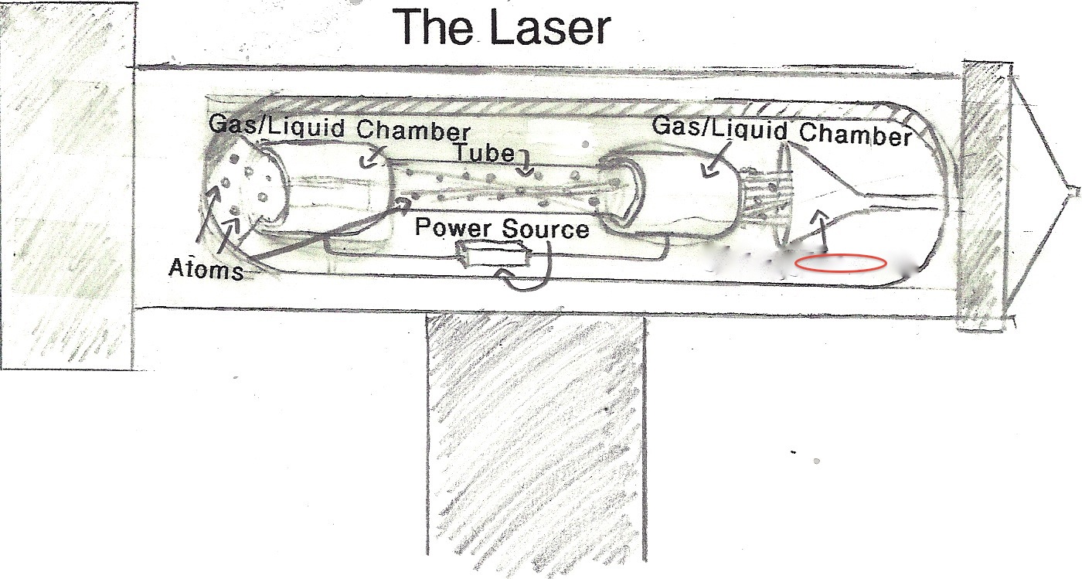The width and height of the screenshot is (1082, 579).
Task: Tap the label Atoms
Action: [206, 270]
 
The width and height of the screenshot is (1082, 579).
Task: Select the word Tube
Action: [484, 152]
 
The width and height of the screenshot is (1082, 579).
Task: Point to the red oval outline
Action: [840, 264]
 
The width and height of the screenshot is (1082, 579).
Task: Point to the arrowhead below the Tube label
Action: [526, 172]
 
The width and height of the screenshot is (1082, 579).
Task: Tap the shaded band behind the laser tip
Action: [983, 193]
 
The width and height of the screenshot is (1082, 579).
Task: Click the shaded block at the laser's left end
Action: [66, 186]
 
